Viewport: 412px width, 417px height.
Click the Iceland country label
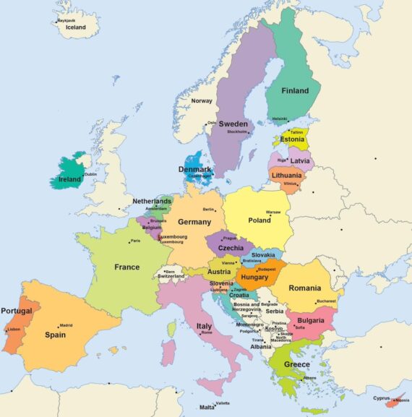click(76, 27)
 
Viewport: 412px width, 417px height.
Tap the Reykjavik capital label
click(66, 21)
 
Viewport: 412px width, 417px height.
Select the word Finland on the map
click(294, 91)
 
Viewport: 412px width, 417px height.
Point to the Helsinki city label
click(280, 119)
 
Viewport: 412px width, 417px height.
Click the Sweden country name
click(233, 124)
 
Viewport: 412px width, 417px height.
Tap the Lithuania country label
click(286, 175)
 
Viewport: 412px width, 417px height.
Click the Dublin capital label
click(90, 174)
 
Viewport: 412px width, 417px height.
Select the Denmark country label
click(194, 169)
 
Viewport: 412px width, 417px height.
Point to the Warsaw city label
click(273, 212)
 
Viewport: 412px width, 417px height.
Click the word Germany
click(194, 222)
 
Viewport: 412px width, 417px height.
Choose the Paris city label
click(135, 241)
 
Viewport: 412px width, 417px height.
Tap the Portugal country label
click(16, 311)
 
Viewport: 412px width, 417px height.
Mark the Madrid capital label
click(66, 325)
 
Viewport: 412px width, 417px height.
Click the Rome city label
click(207, 332)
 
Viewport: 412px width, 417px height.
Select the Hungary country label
click(254, 277)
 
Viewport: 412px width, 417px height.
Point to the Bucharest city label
click(327, 301)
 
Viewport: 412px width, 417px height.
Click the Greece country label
click(296, 365)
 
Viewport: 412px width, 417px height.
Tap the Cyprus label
click(382, 397)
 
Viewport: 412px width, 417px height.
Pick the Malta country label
click(207, 408)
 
